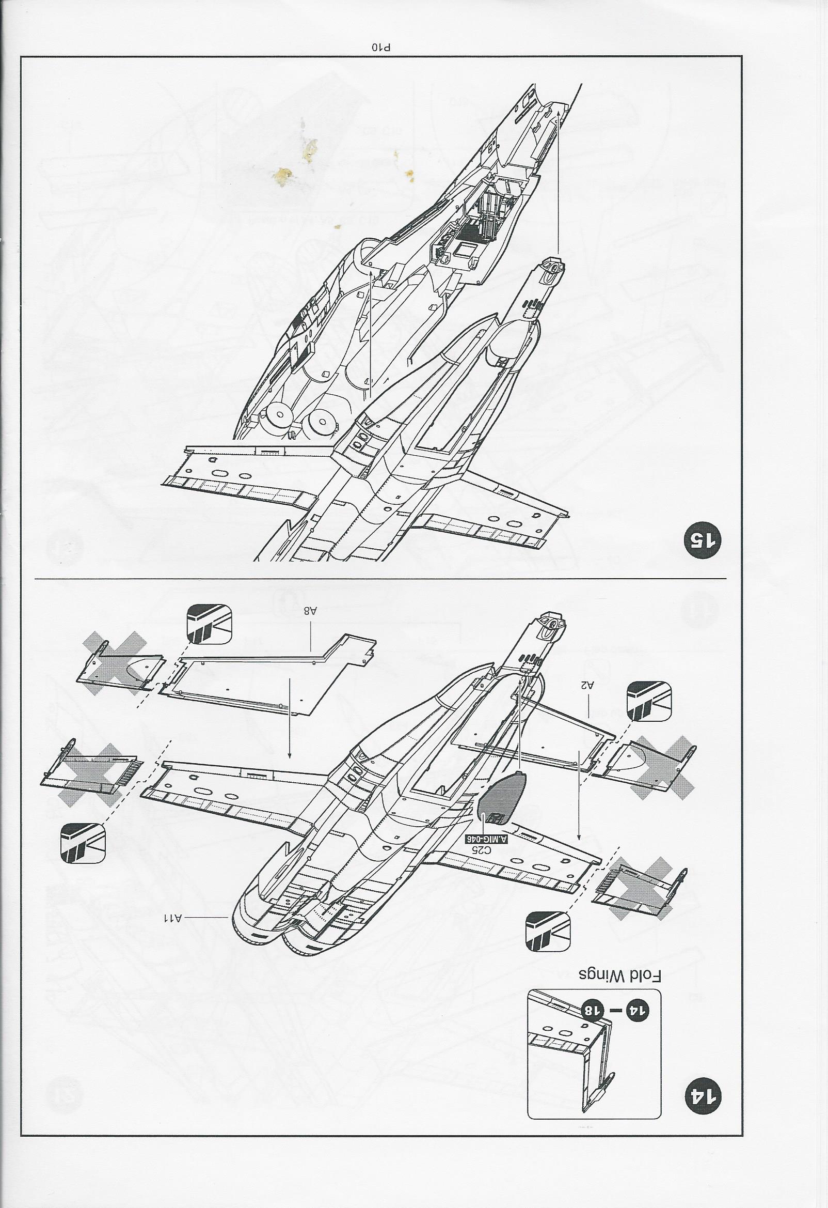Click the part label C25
482,1005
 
